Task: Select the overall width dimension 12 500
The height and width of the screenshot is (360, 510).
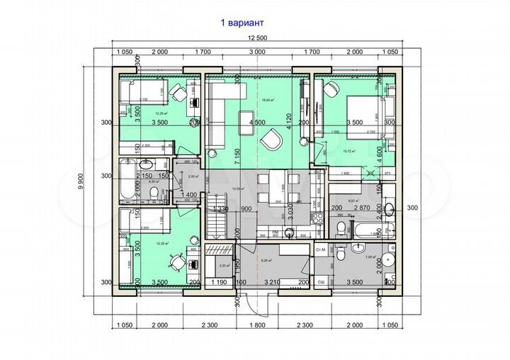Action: pos(256,38)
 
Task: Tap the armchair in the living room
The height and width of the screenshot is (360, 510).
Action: pos(270,141)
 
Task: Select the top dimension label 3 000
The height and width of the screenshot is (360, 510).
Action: pos(257,52)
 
